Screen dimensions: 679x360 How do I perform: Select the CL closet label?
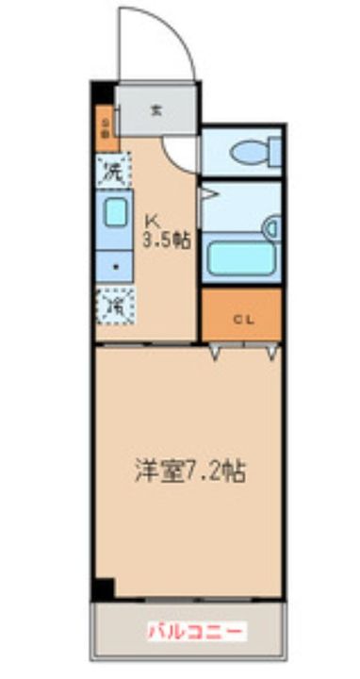pos(243,319)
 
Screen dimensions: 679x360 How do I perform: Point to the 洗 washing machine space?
pos(112,172)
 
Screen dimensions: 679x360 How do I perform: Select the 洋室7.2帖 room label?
pos(189,469)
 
